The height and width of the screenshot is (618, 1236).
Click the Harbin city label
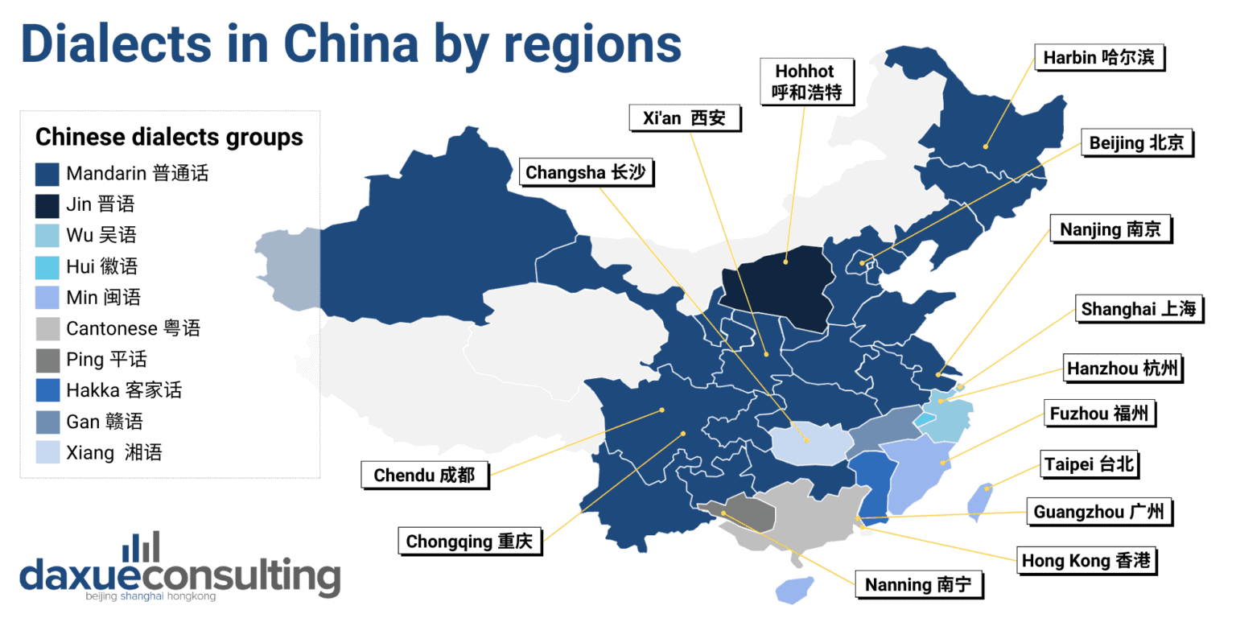click(x=1103, y=58)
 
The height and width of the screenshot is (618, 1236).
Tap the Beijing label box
click(x=1135, y=144)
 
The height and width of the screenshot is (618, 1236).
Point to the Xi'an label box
click(x=684, y=118)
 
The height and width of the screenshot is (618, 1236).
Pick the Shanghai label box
click(x=1139, y=310)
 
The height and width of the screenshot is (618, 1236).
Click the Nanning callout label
click(x=923, y=585)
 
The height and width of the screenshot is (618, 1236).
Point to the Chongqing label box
click(x=470, y=541)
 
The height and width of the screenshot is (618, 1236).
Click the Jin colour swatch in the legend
click(x=47, y=205)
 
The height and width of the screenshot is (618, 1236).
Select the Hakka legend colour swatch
click(x=47, y=391)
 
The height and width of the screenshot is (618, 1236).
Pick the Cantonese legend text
click(x=133, y=329)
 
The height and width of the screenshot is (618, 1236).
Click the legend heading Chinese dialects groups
click(x=169, y=137)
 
